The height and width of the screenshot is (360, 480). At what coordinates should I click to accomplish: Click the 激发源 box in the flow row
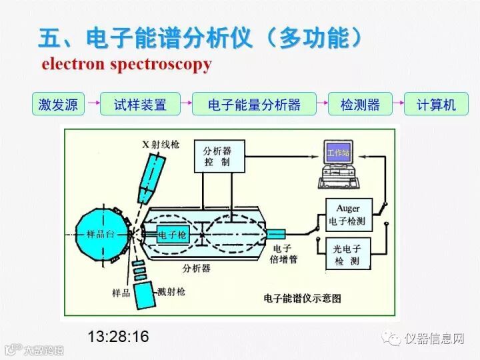pyautogui.click(x=59, y=105)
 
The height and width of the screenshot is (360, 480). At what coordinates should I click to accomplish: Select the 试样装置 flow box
pyautogui.click(x=139, y=105)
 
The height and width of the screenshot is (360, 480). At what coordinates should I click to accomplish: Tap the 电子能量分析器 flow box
pyautogui.click(x=254, y=105)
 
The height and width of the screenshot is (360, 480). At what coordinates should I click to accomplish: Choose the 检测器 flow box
pyautogui.click(x=359, y=105)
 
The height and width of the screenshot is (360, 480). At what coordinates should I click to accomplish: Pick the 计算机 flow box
pyautogui.click(x=436, y=105)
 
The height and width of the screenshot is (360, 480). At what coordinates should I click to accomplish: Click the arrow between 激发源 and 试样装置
pyautogui.click(x=93, y=105)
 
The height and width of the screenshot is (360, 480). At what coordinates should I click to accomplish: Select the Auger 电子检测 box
pyautogui.click(x=348, y=215)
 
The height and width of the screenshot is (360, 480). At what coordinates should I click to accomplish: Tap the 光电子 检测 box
pyautogui.click(x=347, y=254)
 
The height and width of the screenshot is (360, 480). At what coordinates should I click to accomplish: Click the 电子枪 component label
pyautogui.click(x=173, y=235)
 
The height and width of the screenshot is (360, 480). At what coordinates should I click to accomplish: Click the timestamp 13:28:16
pyautogui.click(x=118, y=336)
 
